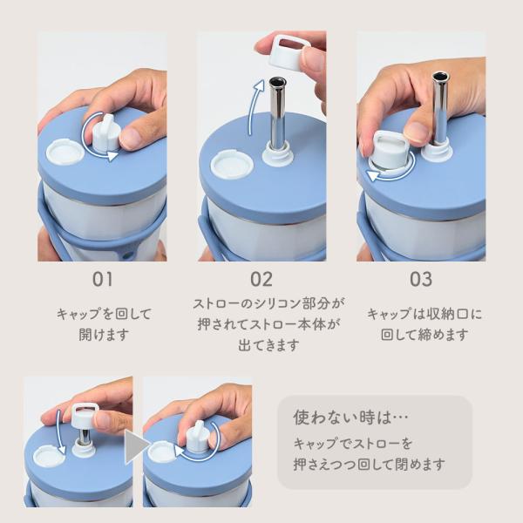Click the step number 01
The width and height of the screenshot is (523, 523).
click(102, 279)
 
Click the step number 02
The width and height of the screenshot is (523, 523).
click(261, 279)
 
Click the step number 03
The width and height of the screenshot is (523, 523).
click(421, 279)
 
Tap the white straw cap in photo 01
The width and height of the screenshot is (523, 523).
click(106, 133)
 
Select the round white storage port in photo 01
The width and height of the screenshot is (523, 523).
click(65, 152)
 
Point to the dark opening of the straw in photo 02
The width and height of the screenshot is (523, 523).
click(277, 81)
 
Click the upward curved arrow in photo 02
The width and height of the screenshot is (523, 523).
click(255, 106)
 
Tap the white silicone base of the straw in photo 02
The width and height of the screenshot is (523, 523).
click(277, 153)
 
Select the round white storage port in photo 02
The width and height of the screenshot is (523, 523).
click(233, 166)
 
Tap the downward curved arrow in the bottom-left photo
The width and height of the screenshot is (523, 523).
click(60, 432)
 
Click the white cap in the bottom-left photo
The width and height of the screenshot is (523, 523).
click(84, 416)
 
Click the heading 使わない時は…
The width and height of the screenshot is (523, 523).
click(350, 418)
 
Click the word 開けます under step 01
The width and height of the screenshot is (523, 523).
click(104, 335)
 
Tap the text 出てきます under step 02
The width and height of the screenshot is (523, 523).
click(268, 345)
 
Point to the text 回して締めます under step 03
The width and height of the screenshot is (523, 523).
click(425, 335)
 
